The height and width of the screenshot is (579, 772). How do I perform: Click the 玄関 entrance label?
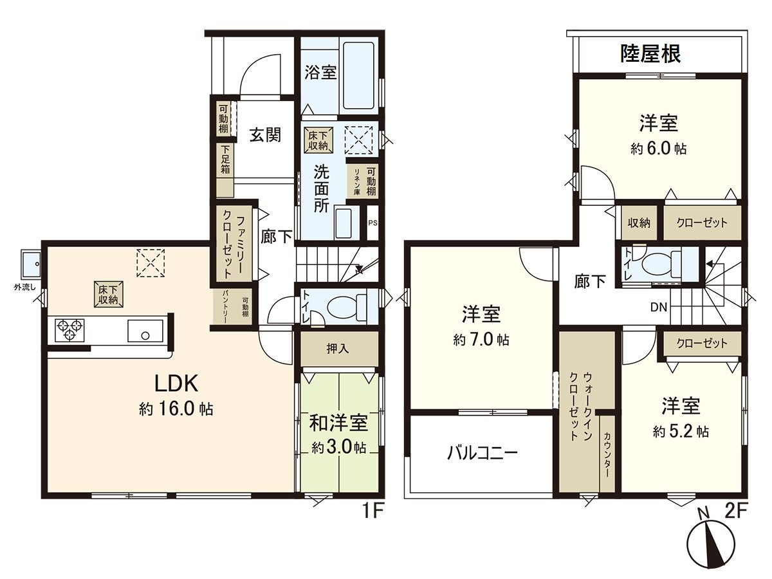(266, 135)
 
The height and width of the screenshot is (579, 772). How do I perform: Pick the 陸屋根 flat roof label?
(650, 54)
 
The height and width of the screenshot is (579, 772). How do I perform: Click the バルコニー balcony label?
(482, 453)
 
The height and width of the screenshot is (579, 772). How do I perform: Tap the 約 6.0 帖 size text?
(659, 149)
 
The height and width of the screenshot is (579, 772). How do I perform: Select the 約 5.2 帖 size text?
(681, 432)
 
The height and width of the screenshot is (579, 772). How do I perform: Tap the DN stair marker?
(658, 308)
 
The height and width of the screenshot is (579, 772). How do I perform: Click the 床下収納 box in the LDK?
(108, 295)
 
